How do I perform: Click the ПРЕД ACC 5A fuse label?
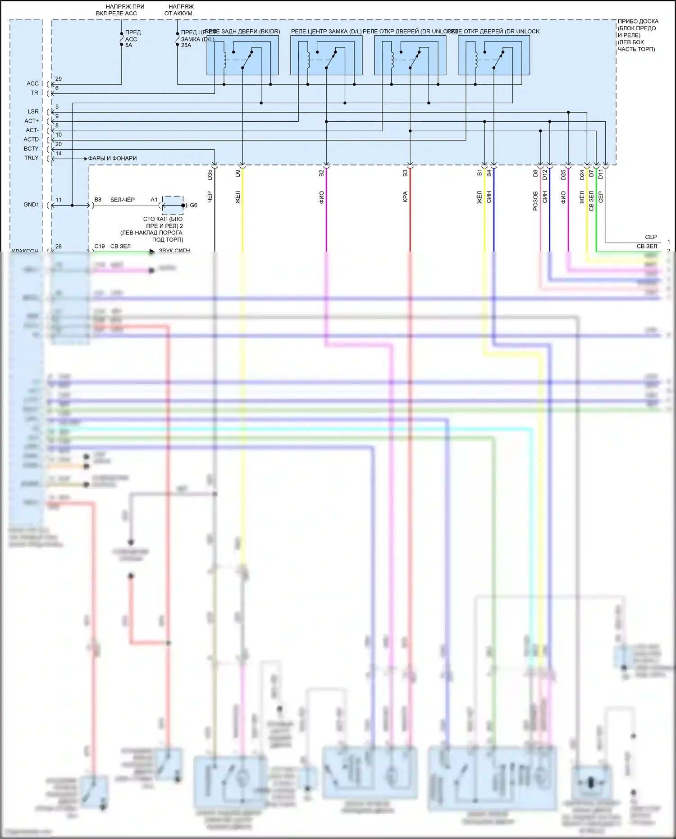pyautogui.click(x=132, y=39)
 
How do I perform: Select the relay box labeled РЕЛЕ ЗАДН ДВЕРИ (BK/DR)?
pyautogui.click(x=242, y=55)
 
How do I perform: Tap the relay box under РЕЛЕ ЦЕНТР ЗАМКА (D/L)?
pyautogui.click(x=326, y=55)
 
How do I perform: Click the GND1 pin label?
pyautogui.click(x=31, y=205)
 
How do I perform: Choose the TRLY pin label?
pyautogui.click(x=31, y=158)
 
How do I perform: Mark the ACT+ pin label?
pyautogui.click(x=32, y=121)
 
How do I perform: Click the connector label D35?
pyautogui.click(x=210, y=175)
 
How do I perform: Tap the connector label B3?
pyautogui.click(x=405, y=173)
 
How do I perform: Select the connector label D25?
pyautogui.click(x=563, y=175)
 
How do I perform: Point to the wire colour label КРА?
pyautogui.click(x=405, y=197)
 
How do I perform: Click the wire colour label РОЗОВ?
pyautogui.click(x=535, y=201)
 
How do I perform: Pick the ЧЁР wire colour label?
pyautogui.click(x=210, y=197)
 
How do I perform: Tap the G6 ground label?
pyautogui.click(x=193, y=205)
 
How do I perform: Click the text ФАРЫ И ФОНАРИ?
pyautogui.click(x=112, y=158)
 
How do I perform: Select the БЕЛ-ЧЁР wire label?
pyautogui.click(x=123, y=199)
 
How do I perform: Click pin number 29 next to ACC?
pyautogui.click(x=59, y=79)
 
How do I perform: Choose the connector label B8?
pyautogui.click(x=98, y=199)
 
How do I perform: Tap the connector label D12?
pyautogui.click(x=545, y=175)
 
